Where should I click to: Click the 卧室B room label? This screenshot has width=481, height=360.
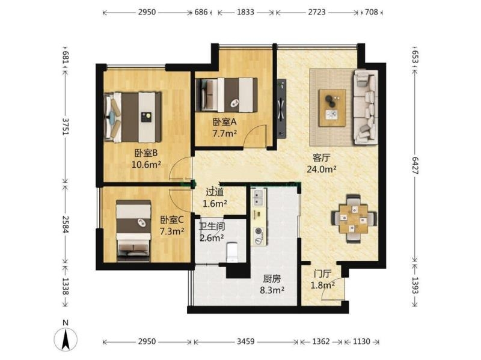pyautogui.click(x=146, y=153)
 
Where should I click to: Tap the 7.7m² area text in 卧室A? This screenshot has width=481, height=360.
pyautogui.click(x=224, y=133)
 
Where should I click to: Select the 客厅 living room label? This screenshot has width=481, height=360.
pyautogui.click(x=321, y=158)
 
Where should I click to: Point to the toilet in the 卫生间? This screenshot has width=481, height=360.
pyautogui.click(x=232, y=252)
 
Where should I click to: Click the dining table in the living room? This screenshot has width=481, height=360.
pyautogui.click(x=354, y=218)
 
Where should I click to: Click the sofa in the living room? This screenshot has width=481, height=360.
pyautogui.click(x=366, y=107)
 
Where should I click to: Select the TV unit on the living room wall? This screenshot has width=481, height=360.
pyautogui.click(x=281, y=109)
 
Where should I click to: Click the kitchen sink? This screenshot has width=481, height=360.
pyautogui.click(x=259, y=198)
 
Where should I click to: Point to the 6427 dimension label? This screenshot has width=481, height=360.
pyautogui.click(x=415, y=166)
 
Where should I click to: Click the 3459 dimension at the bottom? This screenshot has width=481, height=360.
pyautogui.click(x=245, y=341)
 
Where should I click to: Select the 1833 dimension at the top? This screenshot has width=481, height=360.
pyautogui.click(x=245, y=12)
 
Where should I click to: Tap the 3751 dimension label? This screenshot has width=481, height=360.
pyautogui.click(x=66, y=126)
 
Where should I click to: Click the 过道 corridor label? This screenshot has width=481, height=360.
pyautogui.click(x=215, y=192)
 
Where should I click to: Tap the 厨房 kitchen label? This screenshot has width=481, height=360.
pyautogui.click(x=272, y=279)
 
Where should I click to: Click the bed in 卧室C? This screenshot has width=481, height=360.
pyautogui.click(x=133, y=231)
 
